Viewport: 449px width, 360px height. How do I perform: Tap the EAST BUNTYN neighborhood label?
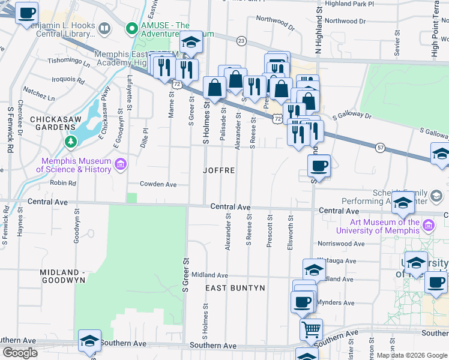coord(235,289)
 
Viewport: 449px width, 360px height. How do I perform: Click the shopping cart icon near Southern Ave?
coord(311,328)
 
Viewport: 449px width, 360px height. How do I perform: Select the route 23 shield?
coord(241,41)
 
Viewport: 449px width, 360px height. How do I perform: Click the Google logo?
coord(20,352)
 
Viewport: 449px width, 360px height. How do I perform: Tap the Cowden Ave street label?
coord(158,184)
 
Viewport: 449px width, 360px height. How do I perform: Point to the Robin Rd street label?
coord(63,183)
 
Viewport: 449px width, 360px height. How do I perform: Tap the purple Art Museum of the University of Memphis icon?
coord(428,226)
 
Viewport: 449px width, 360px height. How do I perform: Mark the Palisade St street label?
coord(223,128)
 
